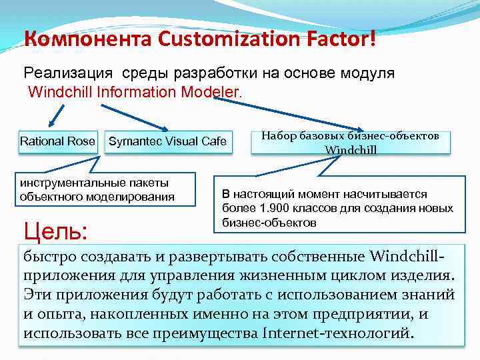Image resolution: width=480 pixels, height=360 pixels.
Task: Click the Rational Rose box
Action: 57,141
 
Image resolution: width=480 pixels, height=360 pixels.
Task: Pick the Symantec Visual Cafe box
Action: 167,141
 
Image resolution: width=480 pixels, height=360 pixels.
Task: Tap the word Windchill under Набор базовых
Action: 351,149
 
